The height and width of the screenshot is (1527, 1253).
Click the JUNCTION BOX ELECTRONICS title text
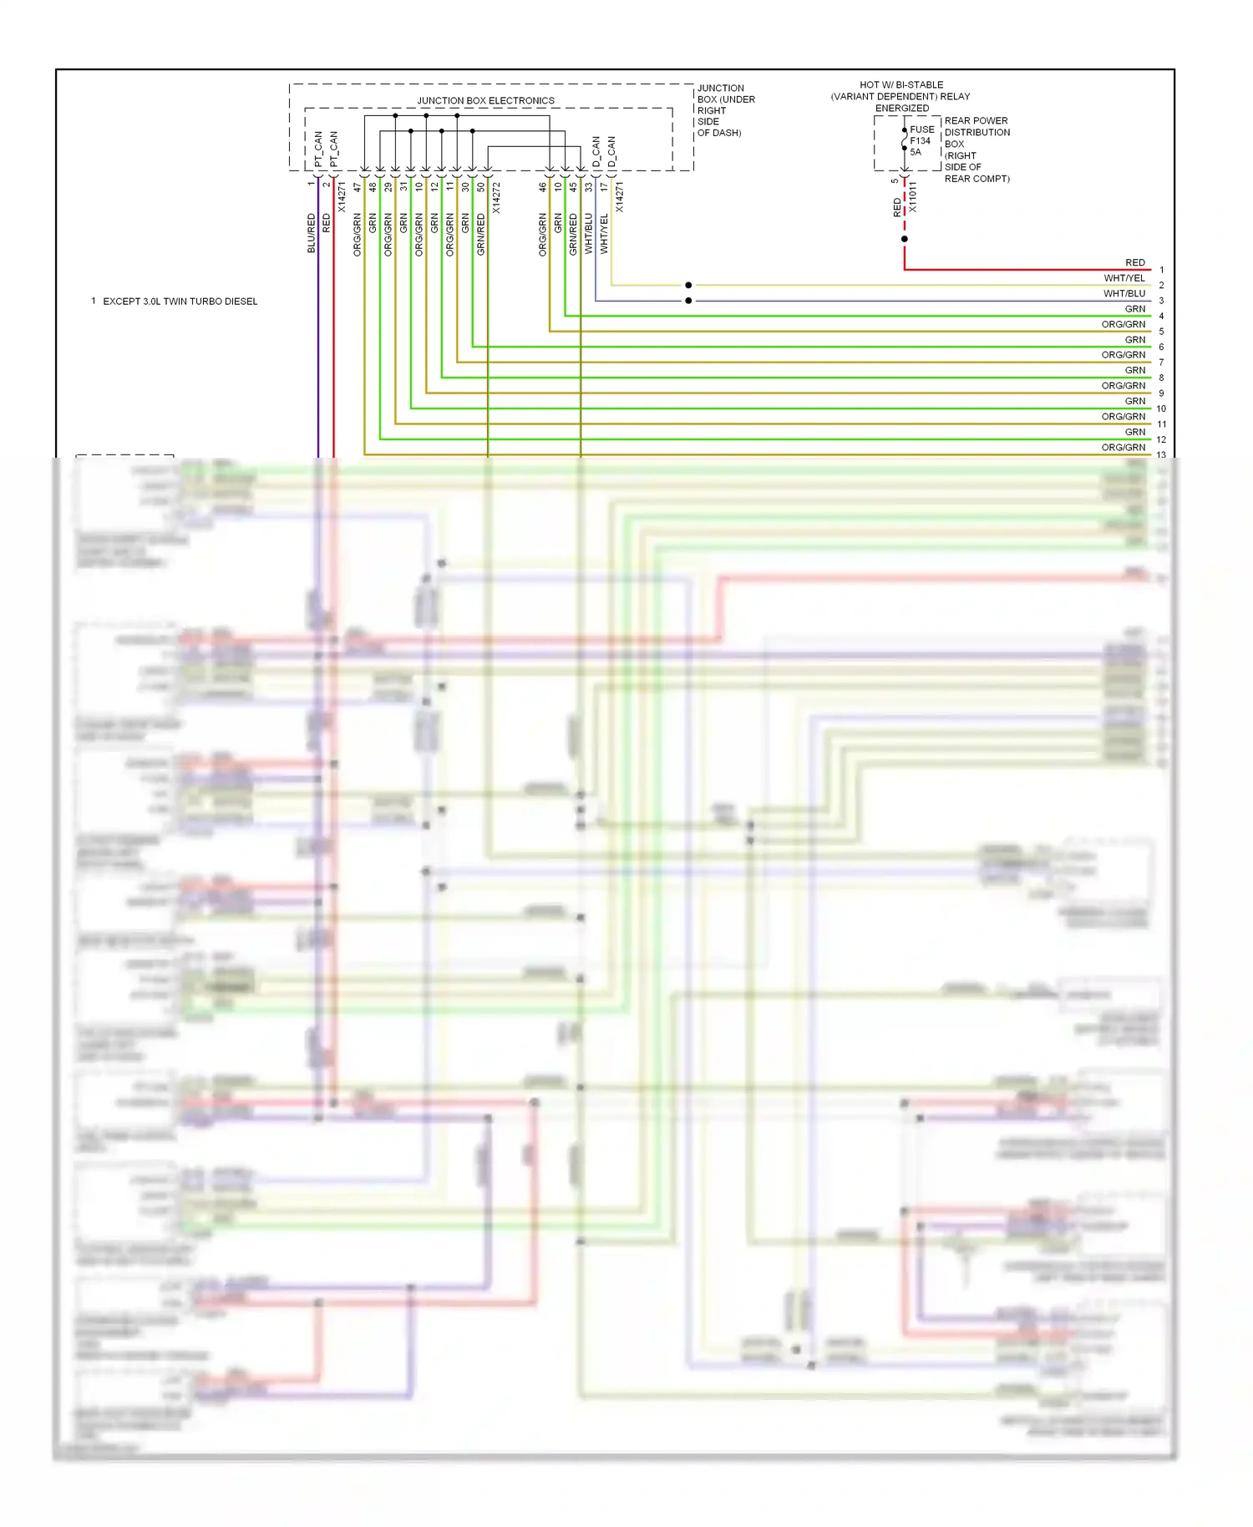click(x=485, y=100)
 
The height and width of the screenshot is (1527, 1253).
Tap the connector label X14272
click(x=496, y=199)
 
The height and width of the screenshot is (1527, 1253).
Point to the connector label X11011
click(x=913, y=197)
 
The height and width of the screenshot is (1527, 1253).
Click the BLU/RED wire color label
click(x=312, y=233)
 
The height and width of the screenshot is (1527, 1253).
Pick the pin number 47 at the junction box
click(x=358, y=187)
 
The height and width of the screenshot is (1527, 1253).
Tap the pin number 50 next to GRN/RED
click(x=481, y=187)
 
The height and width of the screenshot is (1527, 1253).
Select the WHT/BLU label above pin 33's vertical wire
click(x=589, y=233)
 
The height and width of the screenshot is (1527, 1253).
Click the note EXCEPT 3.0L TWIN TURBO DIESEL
click(x=180, y=302)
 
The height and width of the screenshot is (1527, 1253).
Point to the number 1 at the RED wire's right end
click(x=1161, y=270)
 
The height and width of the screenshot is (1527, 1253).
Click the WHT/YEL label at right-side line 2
click(x=1124, y=278)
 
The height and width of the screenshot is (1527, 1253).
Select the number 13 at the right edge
click(x=1161, y=455)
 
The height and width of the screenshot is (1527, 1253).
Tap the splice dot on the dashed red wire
click(x=905, y=239)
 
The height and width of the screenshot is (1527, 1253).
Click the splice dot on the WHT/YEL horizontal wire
click(x=688, y=285)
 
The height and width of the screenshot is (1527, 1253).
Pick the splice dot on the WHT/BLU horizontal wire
click(x=688, y=301)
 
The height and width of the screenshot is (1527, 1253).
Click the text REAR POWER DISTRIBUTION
click(x=977, y=126)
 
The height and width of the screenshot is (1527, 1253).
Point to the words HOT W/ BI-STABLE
click(x=901, y=84)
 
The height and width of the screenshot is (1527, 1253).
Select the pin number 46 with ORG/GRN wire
click(x=543, y=187)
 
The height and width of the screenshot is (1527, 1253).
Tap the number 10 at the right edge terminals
click(x=1161, y=408)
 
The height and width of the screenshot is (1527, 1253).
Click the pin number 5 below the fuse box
click(x=895, y=180)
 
